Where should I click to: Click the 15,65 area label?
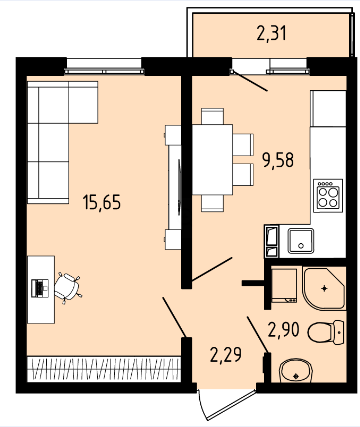pos(102,202)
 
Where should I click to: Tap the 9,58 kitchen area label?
pos(278,160)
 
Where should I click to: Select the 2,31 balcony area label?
pos(272,33)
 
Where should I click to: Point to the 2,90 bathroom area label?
pos(284,330)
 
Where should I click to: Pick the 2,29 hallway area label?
pos(226,354)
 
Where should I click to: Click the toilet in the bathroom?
pos(326,332)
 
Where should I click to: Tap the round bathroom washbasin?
pos(296,370)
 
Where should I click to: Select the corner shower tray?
pos(324,289)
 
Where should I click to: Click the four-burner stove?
pos(328,196)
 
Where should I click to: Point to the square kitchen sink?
pos(301,241)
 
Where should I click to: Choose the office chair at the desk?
pos(68,287)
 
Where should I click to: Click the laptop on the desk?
pos(40,288)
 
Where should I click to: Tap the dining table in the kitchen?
pos(212,159)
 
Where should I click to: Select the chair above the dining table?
pos(212,116)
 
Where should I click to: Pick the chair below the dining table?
pos(212,203)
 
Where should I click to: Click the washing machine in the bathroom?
pos(284,284)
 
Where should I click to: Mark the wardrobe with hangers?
pos(104,368)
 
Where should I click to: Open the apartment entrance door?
pos(228,404)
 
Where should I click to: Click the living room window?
pos(104,66)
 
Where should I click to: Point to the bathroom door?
pos(258,335)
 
